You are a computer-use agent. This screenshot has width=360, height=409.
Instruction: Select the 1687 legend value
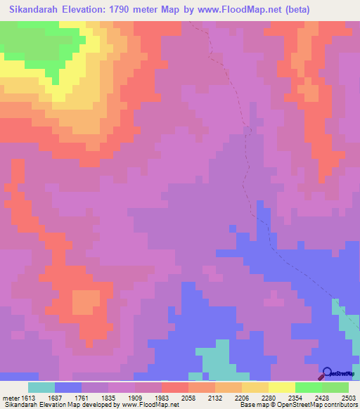(65, 397)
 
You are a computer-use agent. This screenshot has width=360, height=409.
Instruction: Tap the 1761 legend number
(92, 397)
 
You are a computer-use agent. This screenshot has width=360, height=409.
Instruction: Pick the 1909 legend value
(146, 397)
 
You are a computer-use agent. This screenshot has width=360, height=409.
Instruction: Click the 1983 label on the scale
(173, 397)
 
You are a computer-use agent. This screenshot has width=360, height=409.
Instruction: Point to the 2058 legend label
(200, 397)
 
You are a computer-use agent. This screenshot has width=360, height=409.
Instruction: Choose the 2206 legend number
(252, 397)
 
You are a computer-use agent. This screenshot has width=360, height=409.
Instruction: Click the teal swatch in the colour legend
(41, 387)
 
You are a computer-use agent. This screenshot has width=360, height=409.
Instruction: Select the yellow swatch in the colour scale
(255, 387)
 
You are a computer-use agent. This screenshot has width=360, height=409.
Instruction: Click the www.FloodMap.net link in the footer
(149, 405)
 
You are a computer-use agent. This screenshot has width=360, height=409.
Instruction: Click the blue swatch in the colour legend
(68, 387)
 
